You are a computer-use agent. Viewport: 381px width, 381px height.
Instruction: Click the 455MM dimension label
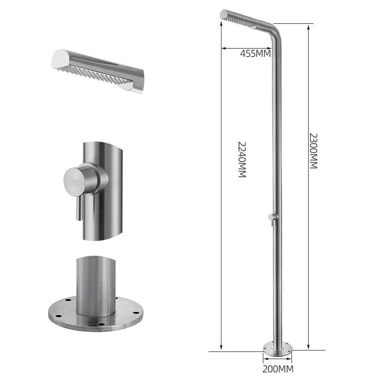coord(255,53)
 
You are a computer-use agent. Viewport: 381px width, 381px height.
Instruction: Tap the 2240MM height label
coord(242,160)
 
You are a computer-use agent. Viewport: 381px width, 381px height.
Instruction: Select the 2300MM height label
coord(313,151)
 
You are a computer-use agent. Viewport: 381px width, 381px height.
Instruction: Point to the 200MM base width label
coord(278,369)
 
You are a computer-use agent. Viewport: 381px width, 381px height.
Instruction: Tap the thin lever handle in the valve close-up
coord(80,207)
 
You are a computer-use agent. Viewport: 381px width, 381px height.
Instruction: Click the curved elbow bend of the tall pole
coord(275,31)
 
